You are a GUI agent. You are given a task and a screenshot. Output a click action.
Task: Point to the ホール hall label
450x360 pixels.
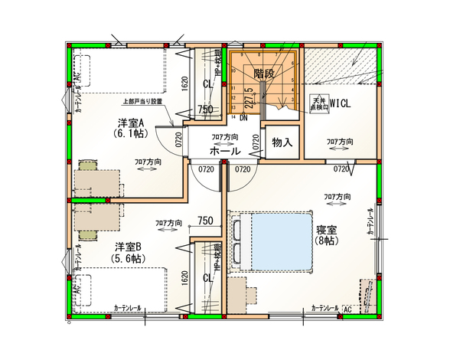coord(224,152)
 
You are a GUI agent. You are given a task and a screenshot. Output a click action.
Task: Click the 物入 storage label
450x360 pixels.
coord(282,142)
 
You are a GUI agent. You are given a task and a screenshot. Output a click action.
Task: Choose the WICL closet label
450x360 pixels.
coord(340,103)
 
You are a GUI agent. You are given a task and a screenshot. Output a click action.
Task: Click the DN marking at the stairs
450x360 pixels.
coord(243,118)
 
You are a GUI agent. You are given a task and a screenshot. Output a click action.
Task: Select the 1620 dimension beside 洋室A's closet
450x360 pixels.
coord(185,83)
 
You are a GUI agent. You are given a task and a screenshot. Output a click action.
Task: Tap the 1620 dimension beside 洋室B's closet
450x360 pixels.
coord(185,277)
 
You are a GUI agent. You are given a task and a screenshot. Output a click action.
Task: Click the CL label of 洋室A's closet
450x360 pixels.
coord(208,83)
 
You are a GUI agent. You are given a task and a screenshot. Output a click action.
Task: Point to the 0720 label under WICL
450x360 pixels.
coord(341,169)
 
